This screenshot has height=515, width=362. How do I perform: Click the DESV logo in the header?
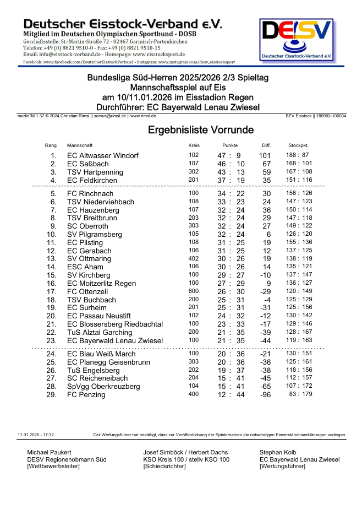[297, 40]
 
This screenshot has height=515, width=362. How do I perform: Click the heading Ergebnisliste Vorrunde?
[200, 130]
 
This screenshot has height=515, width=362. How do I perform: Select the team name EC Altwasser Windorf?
[103, 156]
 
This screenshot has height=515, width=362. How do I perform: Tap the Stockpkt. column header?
[298, 145]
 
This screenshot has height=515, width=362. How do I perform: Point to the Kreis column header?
[194, 145]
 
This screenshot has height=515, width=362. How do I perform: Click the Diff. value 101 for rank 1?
[265, 156]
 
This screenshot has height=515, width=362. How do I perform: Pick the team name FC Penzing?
[86, 395]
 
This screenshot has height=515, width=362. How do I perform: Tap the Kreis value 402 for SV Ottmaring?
[194, 258]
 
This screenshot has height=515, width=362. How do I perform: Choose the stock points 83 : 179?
[300, 395]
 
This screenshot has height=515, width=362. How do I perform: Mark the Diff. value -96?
[265, 395]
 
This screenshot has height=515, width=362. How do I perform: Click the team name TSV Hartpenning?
[96, 172]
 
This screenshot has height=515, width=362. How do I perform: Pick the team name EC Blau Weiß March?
[101, 354]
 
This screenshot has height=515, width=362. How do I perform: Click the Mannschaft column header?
[80, 145]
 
